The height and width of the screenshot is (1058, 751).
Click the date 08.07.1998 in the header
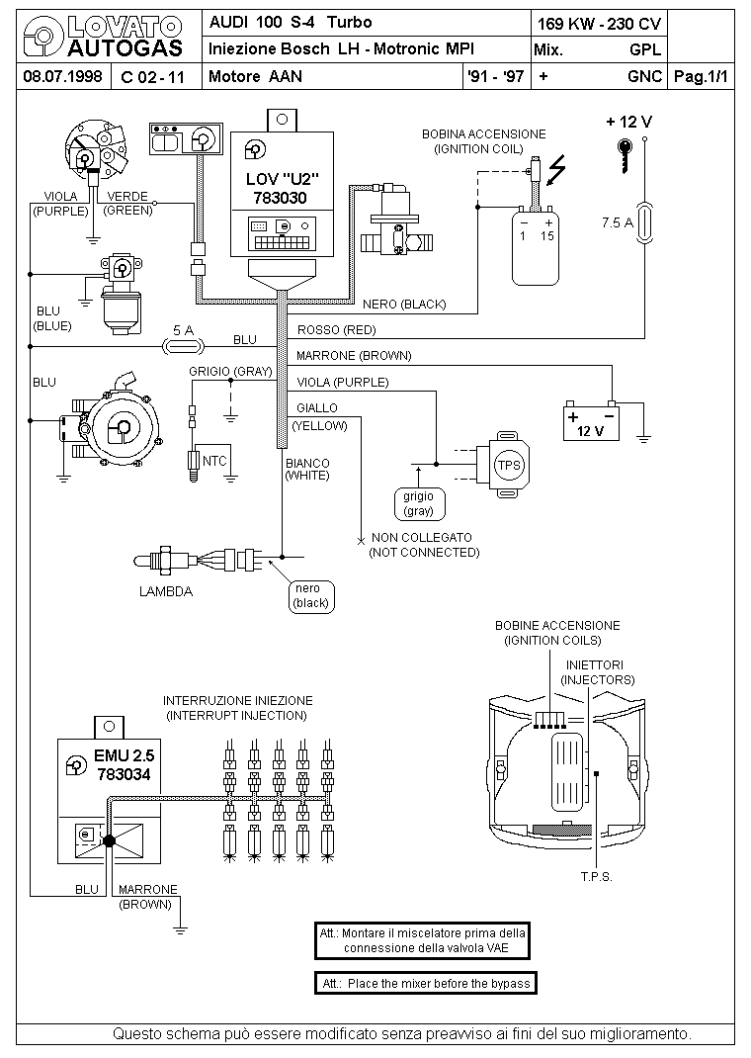click(x=62, y=76)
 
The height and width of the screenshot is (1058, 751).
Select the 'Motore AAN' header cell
click(x=256, y=76)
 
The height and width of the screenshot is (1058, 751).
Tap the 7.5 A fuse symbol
click(x=644, y=222)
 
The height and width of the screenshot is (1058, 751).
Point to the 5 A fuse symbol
click(x=183, y=347)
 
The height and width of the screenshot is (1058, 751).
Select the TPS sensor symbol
click(x=503, y=465)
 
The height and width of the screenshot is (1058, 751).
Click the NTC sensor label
click(x=214, y=461)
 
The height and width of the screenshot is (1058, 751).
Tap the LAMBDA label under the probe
click(x=166, y=591)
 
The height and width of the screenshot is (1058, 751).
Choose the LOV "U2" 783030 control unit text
click(x=282, y=188)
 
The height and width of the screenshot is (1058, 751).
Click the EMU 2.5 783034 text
click(x=125, y=765)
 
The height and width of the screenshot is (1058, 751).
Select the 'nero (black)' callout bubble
click(x=311, y=596)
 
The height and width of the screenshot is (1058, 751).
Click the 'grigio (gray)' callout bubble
click(x=418, y=503)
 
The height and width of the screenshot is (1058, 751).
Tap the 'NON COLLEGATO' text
click(x=421, y=538)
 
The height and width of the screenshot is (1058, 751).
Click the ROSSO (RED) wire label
click(x=336, y=330)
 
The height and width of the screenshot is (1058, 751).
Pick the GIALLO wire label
click(x=317, y=407)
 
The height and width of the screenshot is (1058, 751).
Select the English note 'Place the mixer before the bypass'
click(x=426, y=983)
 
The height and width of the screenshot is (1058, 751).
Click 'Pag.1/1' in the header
click(x=701, y=76)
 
